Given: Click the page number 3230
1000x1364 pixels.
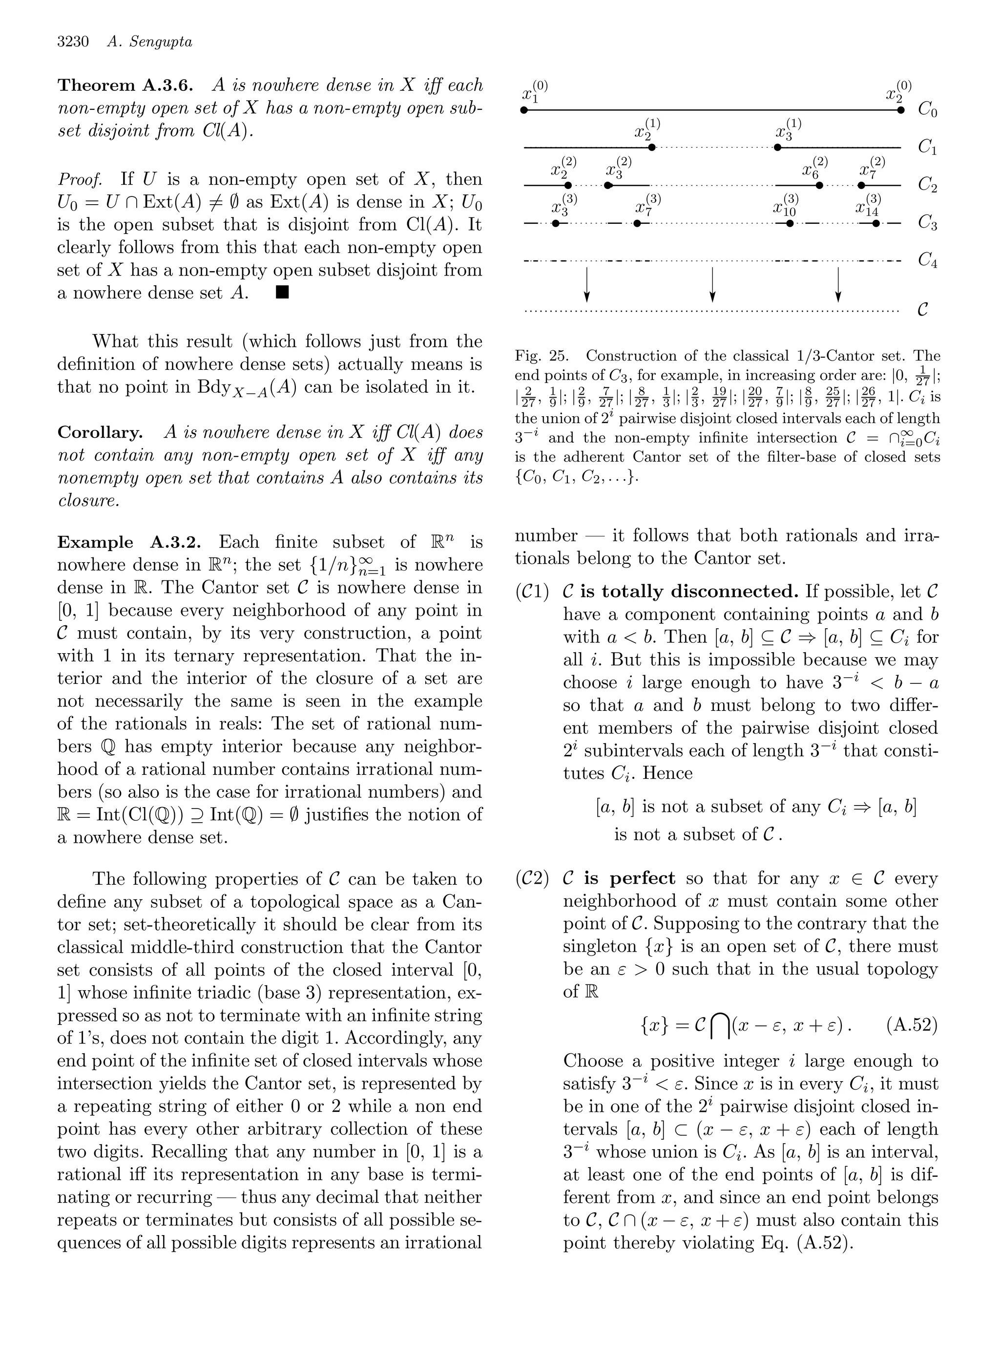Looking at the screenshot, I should (73, 42).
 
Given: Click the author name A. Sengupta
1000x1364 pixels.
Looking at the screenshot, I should (149, 42).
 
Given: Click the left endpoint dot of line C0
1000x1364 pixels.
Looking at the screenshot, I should (524, 110).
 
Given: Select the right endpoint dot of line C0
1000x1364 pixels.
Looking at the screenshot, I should (901, 110).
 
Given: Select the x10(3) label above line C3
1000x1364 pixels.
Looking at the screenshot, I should (786, 206).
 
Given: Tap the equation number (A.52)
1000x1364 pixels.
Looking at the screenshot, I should (912, 1025).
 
